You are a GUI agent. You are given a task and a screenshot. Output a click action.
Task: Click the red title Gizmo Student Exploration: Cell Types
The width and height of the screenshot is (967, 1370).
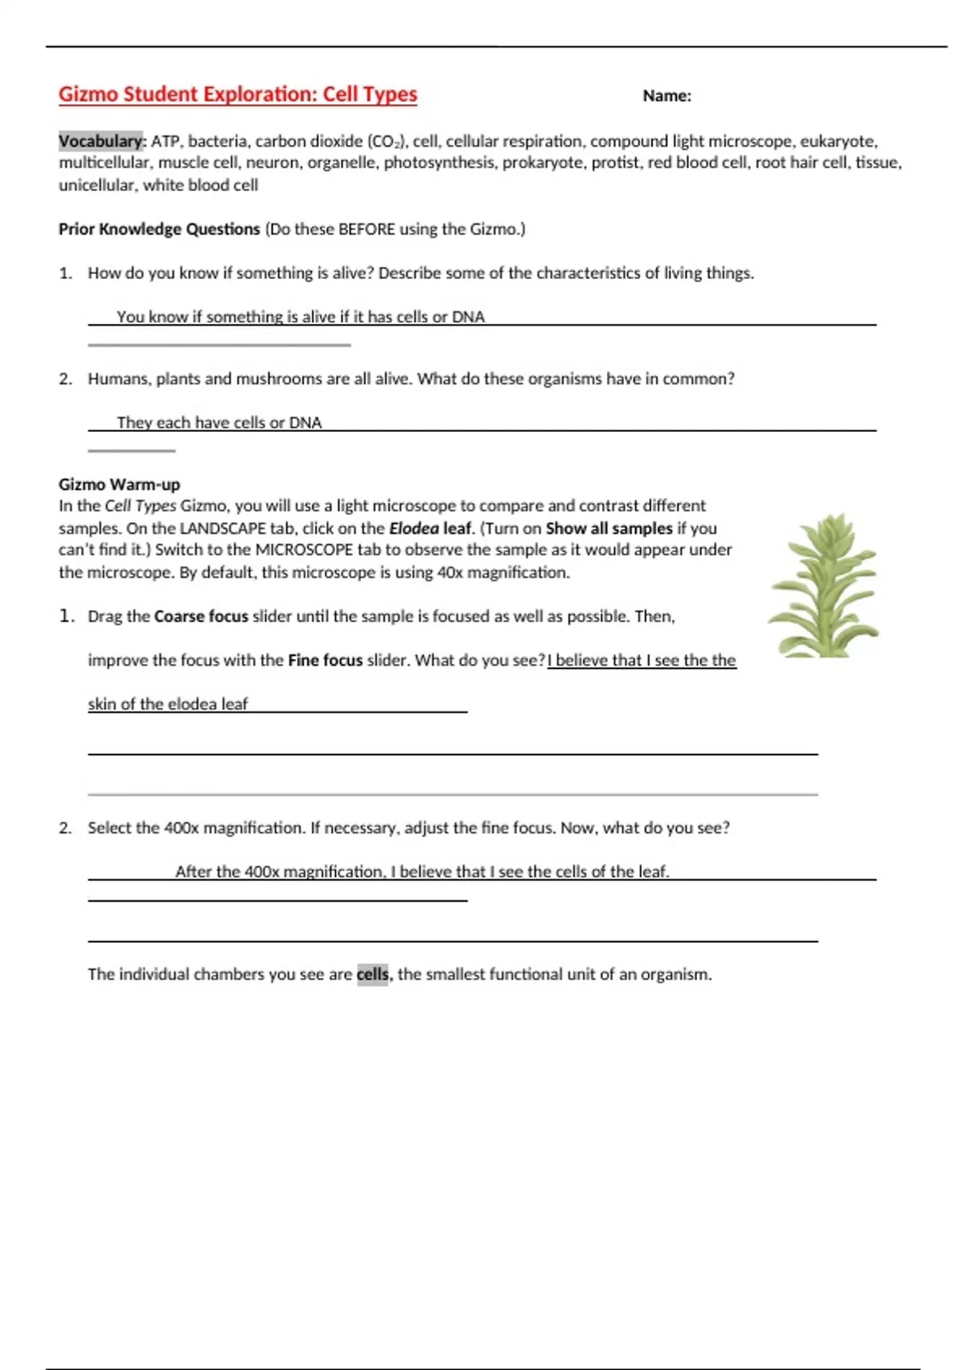(238, 94)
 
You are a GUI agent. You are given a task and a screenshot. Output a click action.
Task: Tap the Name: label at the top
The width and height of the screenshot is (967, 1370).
(666, 96)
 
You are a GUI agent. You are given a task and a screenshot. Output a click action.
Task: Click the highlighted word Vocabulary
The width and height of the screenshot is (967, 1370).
(101, 141)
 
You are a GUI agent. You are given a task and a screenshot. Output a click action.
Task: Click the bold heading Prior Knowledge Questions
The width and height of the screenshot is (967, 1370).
(159, 229)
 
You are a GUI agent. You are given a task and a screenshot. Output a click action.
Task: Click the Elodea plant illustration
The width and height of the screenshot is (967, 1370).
(823, 586)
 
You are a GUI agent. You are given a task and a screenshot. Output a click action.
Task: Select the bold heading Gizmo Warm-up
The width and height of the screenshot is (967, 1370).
(119, 484)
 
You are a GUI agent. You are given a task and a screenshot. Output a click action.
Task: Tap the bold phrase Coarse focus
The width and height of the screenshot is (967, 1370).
(201, 616)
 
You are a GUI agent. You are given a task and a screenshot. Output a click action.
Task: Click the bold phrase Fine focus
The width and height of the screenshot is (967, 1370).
(326, 660)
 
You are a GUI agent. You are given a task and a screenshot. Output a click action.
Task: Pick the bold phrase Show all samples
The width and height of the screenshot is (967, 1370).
(608, 529)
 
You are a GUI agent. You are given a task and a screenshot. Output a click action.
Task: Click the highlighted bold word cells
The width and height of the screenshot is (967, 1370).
(372, 974)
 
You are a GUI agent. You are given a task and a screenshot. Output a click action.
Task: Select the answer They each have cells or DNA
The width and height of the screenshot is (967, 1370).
(219, 422)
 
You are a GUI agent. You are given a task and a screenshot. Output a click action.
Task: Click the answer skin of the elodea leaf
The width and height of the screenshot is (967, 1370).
(168, 704)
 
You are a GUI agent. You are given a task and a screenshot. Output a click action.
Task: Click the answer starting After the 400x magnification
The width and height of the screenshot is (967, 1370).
(422, 871)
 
